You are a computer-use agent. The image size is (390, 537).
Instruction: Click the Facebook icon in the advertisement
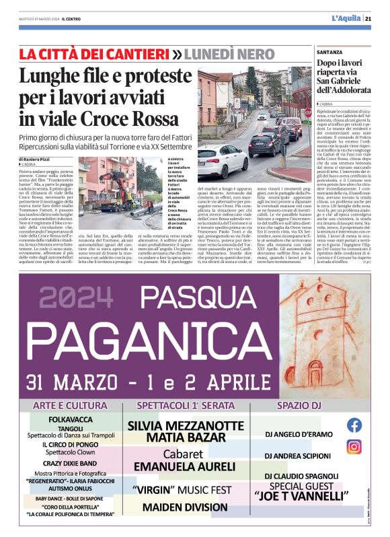(354, 425)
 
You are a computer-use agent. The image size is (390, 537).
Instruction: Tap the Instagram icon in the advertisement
(354, 446)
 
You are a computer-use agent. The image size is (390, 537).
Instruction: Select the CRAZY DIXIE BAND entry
(71, 464)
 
